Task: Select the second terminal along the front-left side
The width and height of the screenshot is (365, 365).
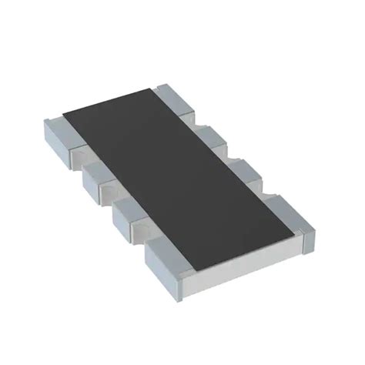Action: (x=95, y=172)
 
